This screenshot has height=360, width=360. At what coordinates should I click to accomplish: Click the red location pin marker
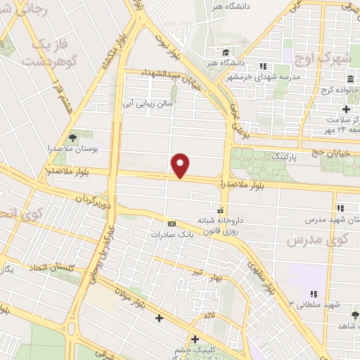coord(181,165)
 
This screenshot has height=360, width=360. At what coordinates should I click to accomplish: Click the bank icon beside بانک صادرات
coord(172,223)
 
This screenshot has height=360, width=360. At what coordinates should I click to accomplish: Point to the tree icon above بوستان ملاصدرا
coord(72,138)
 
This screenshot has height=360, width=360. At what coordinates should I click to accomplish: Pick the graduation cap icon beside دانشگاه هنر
coord(225,53)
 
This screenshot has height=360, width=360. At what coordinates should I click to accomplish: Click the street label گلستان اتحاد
coord(51,267)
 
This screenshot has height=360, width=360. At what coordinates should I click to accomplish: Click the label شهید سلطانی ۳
coord(314,304)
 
